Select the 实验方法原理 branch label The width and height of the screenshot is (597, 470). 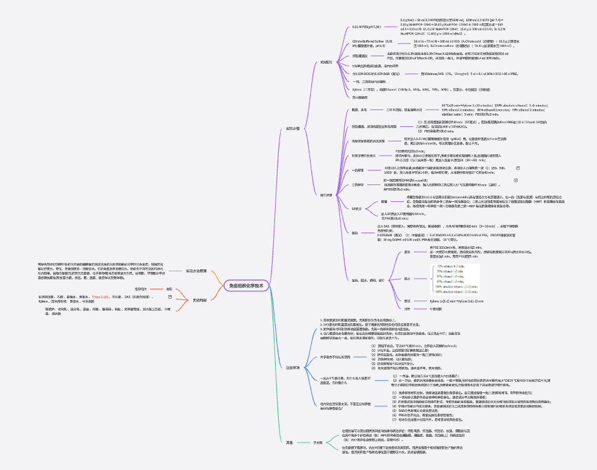click(x=196, y=271)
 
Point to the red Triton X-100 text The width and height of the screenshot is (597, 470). click(x=102, y=296)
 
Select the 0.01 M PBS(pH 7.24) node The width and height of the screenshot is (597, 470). click(x=366, y=27)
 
